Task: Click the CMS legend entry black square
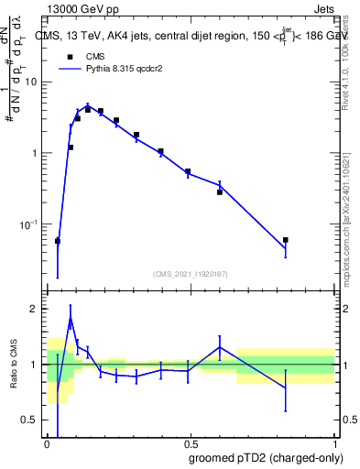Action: pos(70,56)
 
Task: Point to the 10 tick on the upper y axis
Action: pos(33,82)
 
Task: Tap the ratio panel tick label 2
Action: pos(36,310)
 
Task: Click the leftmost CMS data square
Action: pos(58,241)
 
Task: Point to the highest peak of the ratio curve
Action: pos(71,320)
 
